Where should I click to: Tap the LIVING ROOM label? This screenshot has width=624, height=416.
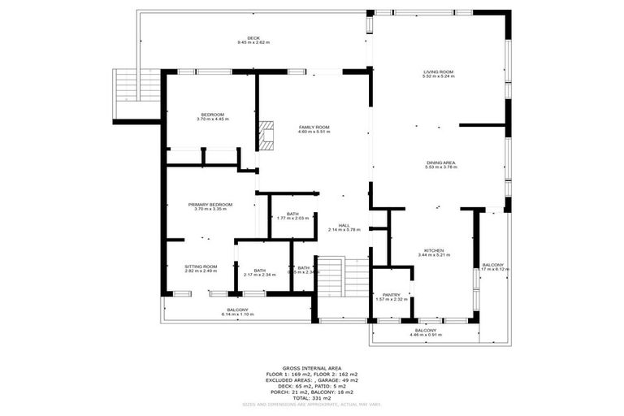(438, 71)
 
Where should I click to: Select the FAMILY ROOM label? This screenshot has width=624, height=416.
(314, 128)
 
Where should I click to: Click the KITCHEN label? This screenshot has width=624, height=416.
(433, 250)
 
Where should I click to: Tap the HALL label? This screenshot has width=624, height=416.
(344, 225)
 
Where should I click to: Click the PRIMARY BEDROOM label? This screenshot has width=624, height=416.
(210, 204)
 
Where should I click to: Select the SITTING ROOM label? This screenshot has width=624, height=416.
(201, 266)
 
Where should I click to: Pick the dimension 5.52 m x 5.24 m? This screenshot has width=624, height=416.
(438, 76)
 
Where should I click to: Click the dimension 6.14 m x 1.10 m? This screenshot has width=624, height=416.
(237, 314)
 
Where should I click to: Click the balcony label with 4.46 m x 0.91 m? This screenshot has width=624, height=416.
(426, 331)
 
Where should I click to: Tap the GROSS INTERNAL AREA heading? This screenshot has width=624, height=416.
(311, 367)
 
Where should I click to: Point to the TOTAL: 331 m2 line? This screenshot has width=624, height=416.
(311, 397)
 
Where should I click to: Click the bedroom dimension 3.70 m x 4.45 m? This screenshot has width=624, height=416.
(213, 119)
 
